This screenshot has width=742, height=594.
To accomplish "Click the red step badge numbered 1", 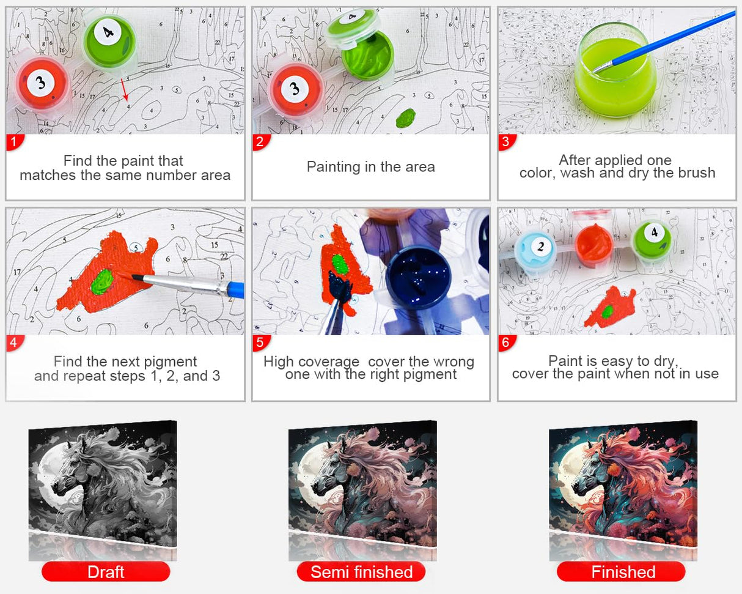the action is click(15, 142).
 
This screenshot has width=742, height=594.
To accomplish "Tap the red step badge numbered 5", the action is click(260, 343).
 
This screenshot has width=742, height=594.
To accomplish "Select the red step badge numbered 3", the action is click(507, 142).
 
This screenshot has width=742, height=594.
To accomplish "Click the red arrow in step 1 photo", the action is click(125, 89).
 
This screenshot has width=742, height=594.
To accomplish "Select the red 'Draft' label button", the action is click(106, 572).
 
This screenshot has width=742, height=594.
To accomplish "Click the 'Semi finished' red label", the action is click(361, 572).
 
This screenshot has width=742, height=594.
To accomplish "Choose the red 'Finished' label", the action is click(621, 572).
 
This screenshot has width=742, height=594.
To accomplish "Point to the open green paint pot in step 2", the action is click(367, 55).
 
